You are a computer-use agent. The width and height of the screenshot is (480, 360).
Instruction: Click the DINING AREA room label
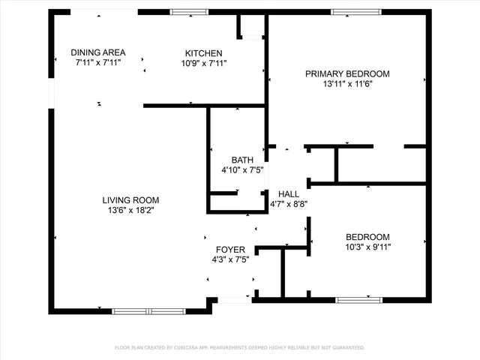tap(98, 52)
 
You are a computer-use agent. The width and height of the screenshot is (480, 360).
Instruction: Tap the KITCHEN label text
tap(203, 53)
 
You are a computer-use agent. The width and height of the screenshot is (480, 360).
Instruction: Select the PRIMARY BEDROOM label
tap(347, 73)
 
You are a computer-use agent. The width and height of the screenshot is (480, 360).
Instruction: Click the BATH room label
tap(242, 160)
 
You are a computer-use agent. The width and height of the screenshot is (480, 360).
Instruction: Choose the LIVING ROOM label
tap(130, 200)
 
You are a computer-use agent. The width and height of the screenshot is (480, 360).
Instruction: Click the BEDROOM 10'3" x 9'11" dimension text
tap(367, 247)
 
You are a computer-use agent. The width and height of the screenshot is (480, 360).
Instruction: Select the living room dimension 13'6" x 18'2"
tap(130, 211)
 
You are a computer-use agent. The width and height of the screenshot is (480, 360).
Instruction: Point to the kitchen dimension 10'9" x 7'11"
tap(203, 64)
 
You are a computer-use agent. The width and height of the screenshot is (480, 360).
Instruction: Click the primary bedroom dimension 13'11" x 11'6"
tap(347, 84)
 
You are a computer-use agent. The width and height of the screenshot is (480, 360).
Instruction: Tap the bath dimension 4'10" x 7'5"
tap(242, 170)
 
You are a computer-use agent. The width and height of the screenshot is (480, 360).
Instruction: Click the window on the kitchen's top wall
tap(188, 12)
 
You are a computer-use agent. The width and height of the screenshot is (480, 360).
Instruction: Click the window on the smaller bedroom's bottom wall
tap(358, 300)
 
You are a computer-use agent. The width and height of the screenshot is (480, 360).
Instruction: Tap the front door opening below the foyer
tap(234, 300)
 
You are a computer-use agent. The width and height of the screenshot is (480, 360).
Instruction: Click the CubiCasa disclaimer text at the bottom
tap(239, 348)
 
